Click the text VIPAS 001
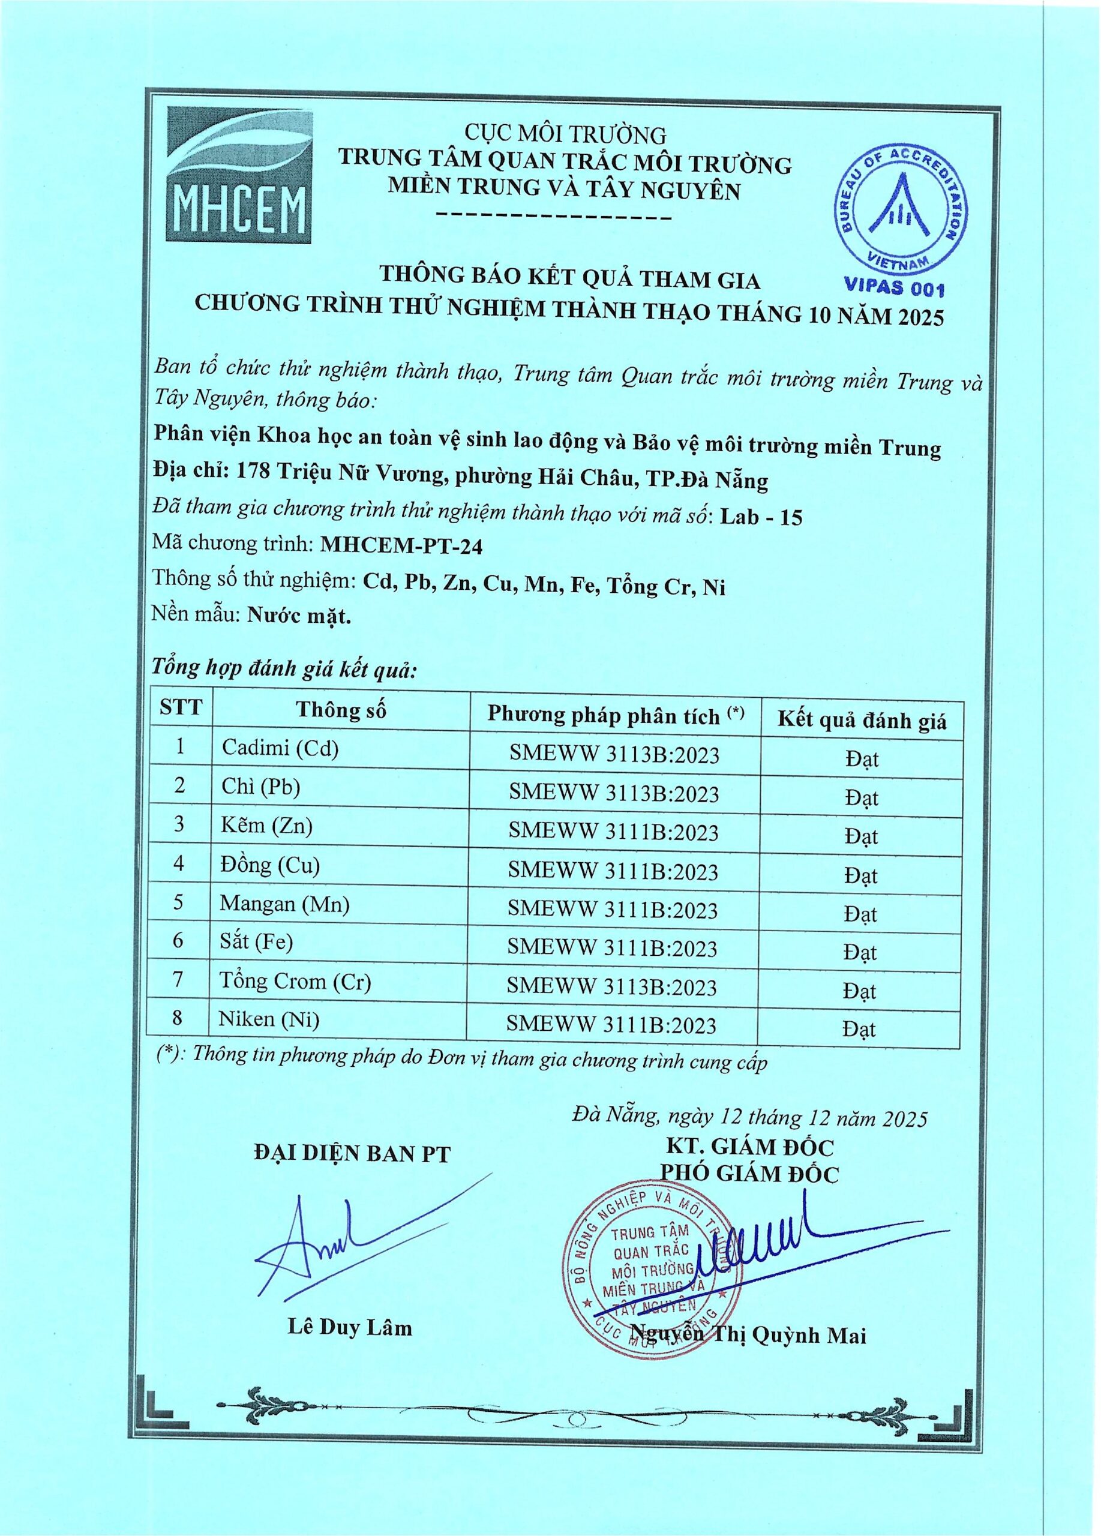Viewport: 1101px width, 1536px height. point(894,288)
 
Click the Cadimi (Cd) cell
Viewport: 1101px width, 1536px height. point(280,748)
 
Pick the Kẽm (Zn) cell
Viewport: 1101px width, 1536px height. point(267,826)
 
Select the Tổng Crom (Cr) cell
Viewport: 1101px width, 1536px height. point(296,982)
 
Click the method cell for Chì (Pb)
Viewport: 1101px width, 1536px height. point(613,793)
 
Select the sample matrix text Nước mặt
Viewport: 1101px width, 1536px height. point(299,616)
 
